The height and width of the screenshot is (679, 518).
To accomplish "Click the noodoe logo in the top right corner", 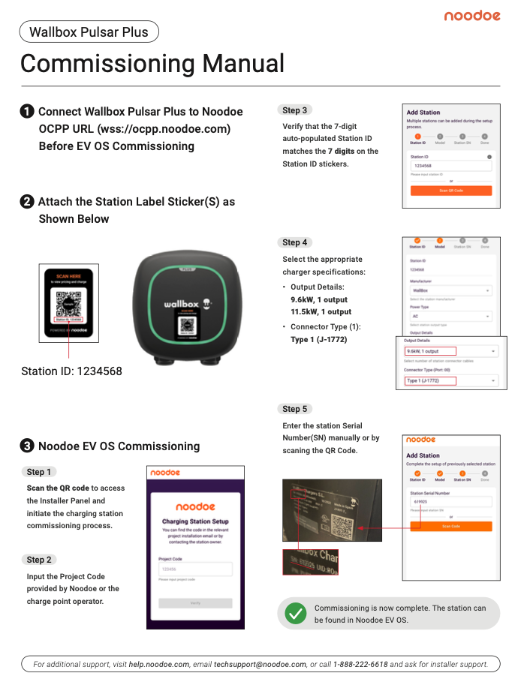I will click(x=471, y=16).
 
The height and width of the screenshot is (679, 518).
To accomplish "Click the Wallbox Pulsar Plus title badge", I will click(x=89, y=32).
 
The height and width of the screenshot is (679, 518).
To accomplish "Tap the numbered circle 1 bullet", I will click(x=26, y=111).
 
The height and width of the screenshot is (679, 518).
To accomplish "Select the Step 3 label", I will click(x=294, y=110).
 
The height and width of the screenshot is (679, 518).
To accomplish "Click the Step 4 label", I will click(x=294, y=242).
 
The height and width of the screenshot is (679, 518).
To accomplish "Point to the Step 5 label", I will click(x=294, y=409).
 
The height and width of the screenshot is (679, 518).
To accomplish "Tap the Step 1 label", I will click(x=40, y=472).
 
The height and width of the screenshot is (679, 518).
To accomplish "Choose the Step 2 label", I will click(x=40, y=560).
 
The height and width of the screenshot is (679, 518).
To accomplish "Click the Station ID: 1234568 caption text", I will click(x=71, y=371).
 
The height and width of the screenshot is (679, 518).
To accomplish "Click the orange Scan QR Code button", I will click(x=451, y=191).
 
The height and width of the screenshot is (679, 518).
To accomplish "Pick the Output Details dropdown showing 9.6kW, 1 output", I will click(x=451, y=351).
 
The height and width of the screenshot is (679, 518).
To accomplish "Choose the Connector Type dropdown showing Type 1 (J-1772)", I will click(x=451, y=381).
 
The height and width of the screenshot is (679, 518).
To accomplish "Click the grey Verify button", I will click(x=195, y=602).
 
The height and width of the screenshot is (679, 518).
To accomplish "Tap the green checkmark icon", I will click(x=296, y=614).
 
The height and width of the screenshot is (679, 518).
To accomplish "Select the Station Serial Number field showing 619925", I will click(x=451, y=502).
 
